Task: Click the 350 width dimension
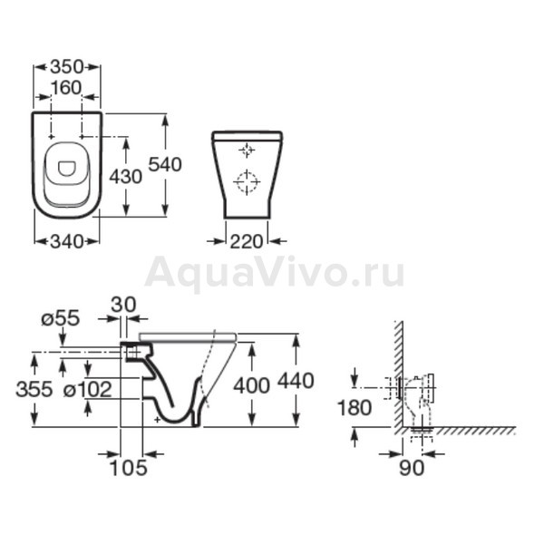[67, 66]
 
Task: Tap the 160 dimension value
[66, 88]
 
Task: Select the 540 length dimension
[165, 164]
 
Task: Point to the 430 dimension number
[126, 177]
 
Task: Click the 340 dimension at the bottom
[67, 241]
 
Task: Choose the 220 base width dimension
[247, 241]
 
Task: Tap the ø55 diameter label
[61, 318]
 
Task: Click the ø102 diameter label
[88, 389]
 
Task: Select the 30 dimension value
[123, 305]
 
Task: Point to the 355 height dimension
[34, 389]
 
